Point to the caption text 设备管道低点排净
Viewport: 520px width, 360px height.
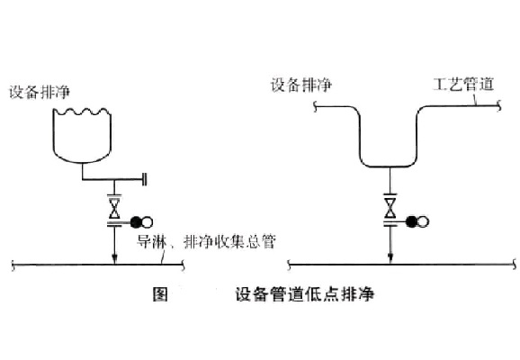click(303, 293)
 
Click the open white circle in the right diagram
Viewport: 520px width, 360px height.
click(424, 221)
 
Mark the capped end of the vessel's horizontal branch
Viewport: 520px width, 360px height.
click(145, 181)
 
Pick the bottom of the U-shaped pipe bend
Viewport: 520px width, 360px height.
click(390, 168)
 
